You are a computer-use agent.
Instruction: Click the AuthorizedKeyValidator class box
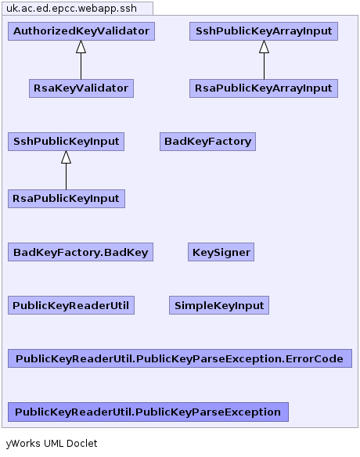click(x=81, y=31)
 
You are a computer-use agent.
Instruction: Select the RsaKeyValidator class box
click(x=81, y=88)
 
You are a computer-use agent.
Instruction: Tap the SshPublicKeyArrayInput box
click(x=264, y=31)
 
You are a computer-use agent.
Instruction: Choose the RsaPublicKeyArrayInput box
click(x=264, y=88)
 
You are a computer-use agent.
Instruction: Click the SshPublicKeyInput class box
click(x=67, y=142)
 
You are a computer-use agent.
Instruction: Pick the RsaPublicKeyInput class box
click(x=67, y=199)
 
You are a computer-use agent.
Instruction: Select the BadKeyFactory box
click(x=208, y=142)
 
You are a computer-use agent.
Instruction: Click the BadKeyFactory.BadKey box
click(x=81, y=252)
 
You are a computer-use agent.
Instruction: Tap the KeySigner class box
click(x=221, y=252)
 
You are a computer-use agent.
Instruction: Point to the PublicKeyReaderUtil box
click(x=71, y=305)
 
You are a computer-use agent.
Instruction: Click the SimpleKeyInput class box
click(x=219, y=305)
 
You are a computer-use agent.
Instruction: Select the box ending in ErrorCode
click(x=180, y=358)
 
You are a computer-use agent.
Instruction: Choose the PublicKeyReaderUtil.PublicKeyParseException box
click(x=148, y=412)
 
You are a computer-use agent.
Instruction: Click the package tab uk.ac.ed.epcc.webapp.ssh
click(x=77, y=8)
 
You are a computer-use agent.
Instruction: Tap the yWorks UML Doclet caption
click(x=52, y=444)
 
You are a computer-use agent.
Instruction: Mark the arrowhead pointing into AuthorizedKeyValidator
click(x=81, y=47)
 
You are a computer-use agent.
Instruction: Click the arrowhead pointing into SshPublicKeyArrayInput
click(x=264, y=47)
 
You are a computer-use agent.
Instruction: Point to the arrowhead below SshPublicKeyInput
click(x=66, y=157)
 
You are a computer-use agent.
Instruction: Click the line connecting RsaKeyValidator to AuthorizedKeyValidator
click(x=81, y=67)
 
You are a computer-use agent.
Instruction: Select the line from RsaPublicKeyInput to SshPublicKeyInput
click(x=66, y=177)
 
